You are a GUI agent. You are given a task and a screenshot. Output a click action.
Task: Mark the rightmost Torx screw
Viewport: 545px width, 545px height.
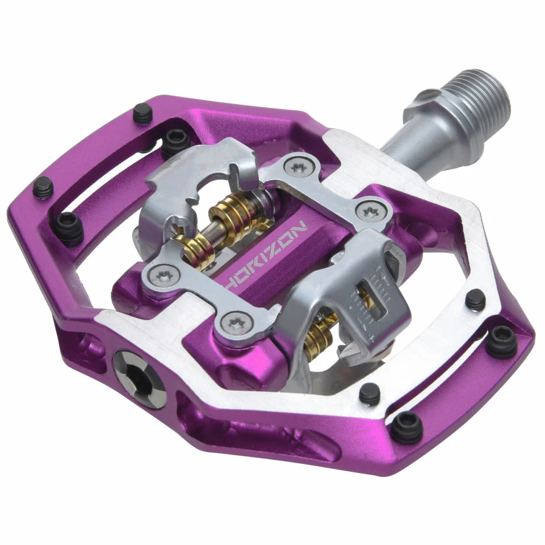click(370, 211)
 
